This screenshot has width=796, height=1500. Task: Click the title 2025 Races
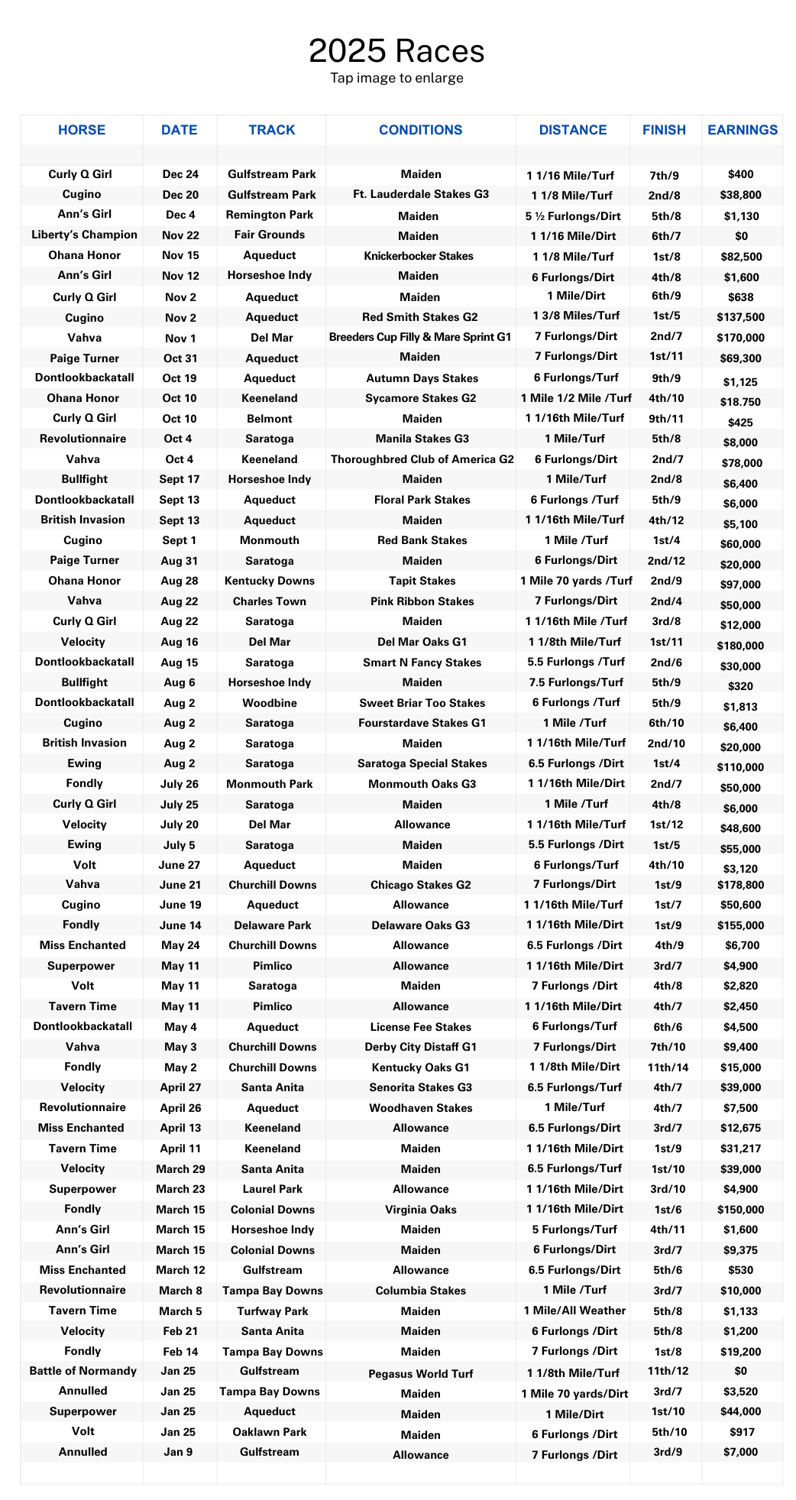[x=396, y=52]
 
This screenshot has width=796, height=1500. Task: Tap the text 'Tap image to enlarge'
[x=396, y=78]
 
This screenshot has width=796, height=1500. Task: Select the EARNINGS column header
[x=742, y=130]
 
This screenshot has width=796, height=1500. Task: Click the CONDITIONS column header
[x=420, y=130]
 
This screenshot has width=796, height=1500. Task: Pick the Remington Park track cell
[x=271, y=215]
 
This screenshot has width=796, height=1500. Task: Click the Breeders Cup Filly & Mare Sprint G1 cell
[x=420, y=336]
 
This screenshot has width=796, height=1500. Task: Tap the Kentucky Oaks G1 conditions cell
[x=422, y=1067]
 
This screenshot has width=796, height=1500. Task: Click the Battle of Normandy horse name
[x=83, y=1371]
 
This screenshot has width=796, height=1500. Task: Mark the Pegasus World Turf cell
[x=421, y=1373]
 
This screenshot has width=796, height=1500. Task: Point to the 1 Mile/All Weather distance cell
[x=574, y=1310]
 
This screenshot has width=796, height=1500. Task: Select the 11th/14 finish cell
[x=663, y=1067]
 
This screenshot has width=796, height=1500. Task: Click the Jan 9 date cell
[x=178, y=1452]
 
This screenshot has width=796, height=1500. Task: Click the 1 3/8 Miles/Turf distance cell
[x=574, y=316]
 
